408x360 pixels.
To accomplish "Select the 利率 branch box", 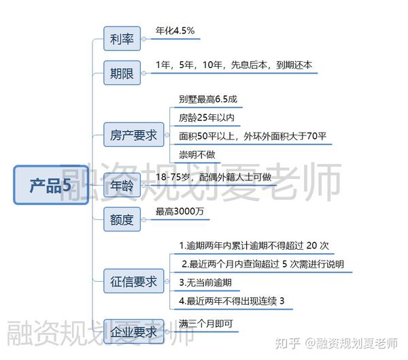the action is coord(122,39).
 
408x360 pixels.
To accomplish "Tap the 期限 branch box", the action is coord(122,73).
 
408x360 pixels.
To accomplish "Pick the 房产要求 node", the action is coord(133,135).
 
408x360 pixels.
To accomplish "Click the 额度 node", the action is coord(122,220).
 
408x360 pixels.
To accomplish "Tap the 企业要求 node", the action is coord(133,332).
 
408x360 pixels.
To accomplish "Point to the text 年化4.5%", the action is coord(175,31).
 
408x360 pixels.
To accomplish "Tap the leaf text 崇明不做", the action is coord(197,154).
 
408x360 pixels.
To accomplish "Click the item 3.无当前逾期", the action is coord(205,282).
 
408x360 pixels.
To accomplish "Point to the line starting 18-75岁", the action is coord(213,178).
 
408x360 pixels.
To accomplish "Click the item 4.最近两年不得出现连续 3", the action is coord(231,300).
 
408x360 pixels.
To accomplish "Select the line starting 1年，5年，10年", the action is coord(233,65).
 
